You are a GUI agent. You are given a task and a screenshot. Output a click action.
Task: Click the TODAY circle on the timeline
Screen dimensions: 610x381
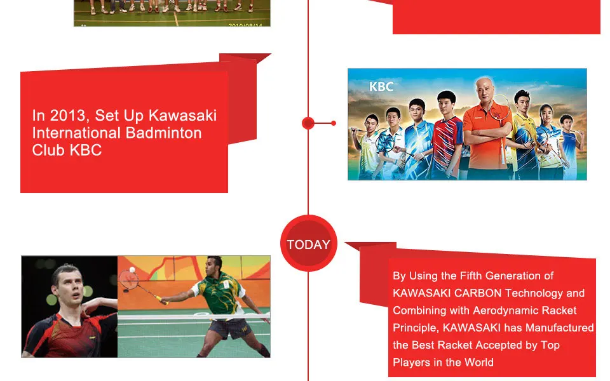pyautogui.click(x=309, y=243)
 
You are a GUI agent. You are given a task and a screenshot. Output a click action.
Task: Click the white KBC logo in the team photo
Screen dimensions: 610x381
pyautogui.click(x=381, y=86)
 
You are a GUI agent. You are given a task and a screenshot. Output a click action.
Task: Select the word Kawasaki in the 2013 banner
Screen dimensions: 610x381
pyautogui.click(x=183, y=116)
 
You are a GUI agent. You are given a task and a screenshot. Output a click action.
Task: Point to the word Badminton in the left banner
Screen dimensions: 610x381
pyautogui.click(x=164, y=133)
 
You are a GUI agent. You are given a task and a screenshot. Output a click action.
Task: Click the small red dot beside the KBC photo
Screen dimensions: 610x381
pyautogui.click(x=334, y=123)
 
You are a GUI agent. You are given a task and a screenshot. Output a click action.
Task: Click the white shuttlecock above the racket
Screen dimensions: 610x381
pyautogui.click(x=132, y=269)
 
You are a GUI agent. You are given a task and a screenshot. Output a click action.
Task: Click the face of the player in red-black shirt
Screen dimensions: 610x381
pyautogui.click(x=67, y=286)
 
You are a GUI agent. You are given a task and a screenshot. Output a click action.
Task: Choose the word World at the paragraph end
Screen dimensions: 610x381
pyautogui.click(x=479, y=363)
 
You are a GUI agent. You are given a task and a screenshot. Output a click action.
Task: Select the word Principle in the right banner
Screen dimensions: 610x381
pyautogui.click(x=416, y=328)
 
